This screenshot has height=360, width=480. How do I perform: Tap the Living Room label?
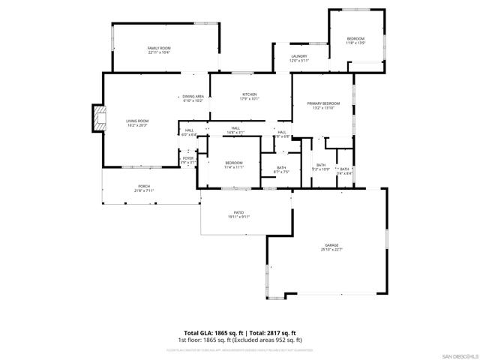(137, 121)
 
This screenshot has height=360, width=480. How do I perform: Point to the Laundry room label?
(299, 56)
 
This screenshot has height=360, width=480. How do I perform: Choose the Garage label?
(331, 245)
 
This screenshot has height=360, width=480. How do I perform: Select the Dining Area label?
(193, 96)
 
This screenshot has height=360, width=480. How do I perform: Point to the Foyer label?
(188, 158)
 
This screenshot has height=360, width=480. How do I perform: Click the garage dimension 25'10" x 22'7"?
(331, 250)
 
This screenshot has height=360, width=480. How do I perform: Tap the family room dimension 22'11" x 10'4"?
(159, 52)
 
